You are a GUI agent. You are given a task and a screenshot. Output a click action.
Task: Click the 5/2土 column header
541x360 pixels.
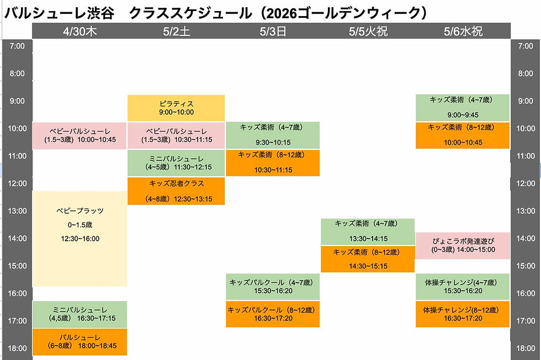[176, 31]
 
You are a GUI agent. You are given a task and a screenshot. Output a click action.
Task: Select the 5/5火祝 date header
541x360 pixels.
[368, 31]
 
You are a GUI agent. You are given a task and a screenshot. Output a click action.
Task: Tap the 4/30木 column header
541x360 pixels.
[79, 31]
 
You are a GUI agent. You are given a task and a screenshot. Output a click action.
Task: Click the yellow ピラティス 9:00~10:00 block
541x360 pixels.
[176, 108]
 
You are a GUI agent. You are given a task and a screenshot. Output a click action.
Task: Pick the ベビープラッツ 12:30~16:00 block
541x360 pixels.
[79, 239]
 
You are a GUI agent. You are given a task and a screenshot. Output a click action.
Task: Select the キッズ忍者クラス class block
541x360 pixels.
[176, 191]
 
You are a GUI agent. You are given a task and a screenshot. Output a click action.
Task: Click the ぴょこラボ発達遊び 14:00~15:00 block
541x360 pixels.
[463, 246]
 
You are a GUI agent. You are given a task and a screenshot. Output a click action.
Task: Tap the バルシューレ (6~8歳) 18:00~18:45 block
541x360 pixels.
[79, 342]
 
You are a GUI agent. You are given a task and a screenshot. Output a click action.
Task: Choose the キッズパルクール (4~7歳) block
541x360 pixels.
[273, 287]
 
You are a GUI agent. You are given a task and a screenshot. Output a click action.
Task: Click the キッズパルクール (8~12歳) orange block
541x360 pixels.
[273, 314]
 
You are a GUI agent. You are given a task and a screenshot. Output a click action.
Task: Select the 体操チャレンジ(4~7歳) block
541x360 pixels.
[463, 287]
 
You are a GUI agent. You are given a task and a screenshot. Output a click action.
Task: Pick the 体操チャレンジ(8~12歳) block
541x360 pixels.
[463, 314]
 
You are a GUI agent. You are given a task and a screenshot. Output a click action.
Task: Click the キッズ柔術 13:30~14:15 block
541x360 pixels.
[368, 231]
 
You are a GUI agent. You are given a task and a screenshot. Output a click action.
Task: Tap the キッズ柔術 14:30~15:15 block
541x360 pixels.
[368, 259]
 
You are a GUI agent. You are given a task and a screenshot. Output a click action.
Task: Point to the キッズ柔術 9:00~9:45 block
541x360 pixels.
[463, 108]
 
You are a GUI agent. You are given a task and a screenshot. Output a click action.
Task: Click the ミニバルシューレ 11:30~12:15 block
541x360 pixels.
[176, 163]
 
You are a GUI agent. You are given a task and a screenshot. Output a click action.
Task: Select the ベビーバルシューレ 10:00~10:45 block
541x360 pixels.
[79, 136]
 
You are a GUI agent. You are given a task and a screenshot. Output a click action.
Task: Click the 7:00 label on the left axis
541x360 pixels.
[17, 46]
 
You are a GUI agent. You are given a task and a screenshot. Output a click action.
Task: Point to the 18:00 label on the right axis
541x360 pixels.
[525, 348]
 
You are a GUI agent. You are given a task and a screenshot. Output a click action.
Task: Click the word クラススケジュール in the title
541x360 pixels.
[190, 13]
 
